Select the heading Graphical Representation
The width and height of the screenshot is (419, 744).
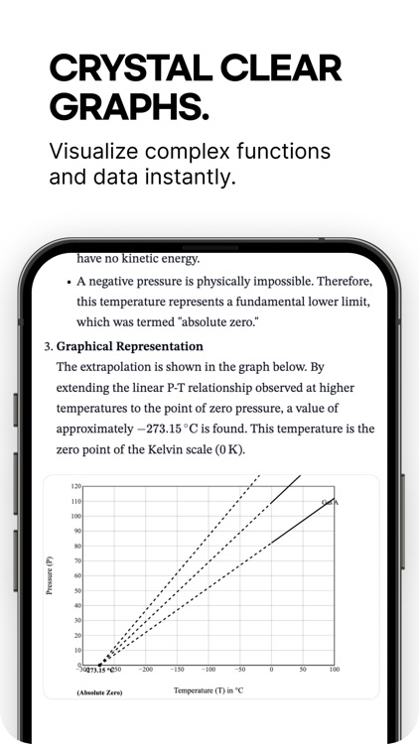click(x=129, y=346)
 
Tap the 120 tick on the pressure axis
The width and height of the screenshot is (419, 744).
click(x=75, y=487)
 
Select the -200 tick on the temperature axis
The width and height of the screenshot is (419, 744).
click(x=146, y=670)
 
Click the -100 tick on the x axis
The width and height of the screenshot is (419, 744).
click(x=208, y=670)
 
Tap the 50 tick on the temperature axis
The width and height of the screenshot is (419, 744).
click(x=302, y=670)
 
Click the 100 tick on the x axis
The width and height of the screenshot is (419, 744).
click(x=334, y=670)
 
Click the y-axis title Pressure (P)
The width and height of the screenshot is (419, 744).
click(x=50, y=575)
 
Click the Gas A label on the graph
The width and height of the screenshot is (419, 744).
click(x=331, y=503)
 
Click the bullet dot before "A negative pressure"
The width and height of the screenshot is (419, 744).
click(x=67, y=281)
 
